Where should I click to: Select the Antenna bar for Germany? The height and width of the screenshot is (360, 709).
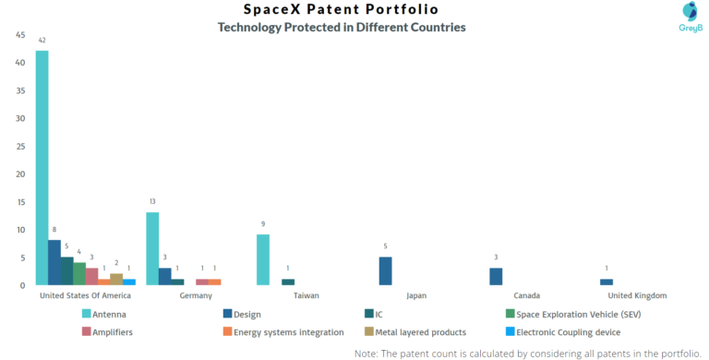tap(152, 249)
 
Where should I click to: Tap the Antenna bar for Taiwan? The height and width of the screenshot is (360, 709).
tap(263, 260)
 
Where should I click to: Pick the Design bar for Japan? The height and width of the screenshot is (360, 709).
tap(386, 271)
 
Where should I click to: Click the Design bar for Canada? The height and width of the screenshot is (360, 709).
tap(496, 277)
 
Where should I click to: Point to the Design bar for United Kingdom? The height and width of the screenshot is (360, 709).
tap(607, 282)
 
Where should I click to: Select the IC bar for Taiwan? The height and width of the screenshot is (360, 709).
tap(288, 282)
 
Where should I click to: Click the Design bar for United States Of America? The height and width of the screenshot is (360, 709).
tap(54, 263)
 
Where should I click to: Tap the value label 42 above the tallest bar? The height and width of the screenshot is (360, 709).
tap(42, 41)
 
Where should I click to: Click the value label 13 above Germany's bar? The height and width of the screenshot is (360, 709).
tap(152, 202)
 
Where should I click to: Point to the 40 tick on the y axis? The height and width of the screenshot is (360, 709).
tap(20, 63)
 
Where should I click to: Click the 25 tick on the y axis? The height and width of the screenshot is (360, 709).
tap(20, 146)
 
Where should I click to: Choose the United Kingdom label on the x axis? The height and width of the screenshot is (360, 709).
tap(637, 296)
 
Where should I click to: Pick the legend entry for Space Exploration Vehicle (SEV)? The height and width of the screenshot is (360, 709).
tap(577, 314)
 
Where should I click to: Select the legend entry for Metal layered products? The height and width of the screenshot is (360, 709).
tap(421, 332)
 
